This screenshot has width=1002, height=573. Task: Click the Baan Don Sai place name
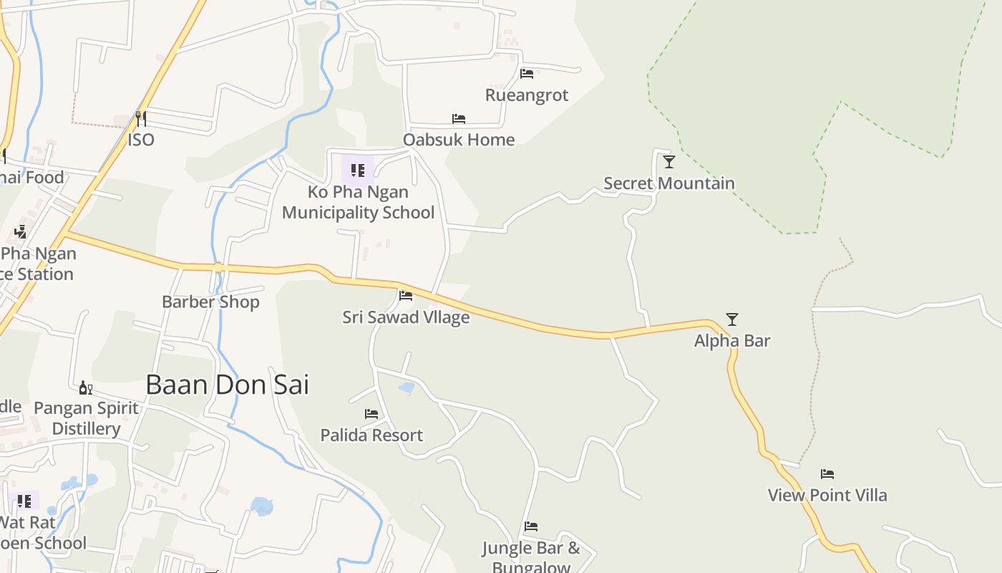(227, 385)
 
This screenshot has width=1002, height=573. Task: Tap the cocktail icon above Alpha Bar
(731, 319)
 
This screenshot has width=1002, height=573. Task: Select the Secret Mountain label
(668, 183)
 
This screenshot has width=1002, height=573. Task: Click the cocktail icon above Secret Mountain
(668, 162)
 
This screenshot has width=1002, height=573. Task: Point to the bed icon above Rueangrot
(527, 74)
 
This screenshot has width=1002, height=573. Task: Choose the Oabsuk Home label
(459, 140)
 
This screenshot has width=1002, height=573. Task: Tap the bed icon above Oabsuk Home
(459, 119)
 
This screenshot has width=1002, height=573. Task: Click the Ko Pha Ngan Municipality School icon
(358, 170)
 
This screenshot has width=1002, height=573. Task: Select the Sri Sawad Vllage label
(406, 317)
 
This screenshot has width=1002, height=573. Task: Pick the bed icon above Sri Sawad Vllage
(406, 295)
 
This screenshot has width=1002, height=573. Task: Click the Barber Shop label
(210, 302)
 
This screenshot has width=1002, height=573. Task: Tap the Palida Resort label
(371, 435)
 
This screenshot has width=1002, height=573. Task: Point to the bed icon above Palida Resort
(371, 414)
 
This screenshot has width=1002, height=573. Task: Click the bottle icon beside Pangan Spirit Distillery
(85, 388)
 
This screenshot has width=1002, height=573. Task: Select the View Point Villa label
(827, 495)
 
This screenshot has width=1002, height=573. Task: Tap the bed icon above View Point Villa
(827, 474)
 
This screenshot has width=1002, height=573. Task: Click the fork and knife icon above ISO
(141, 118)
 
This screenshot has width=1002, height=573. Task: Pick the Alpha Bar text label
(732, 340)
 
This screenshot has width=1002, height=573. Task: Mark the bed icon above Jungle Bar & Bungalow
(531, 526)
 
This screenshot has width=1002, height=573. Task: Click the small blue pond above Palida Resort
(407, 388)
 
